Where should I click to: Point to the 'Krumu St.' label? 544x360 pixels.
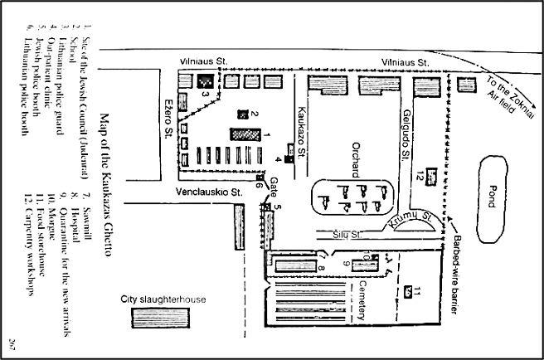click(x=421, y=220)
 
